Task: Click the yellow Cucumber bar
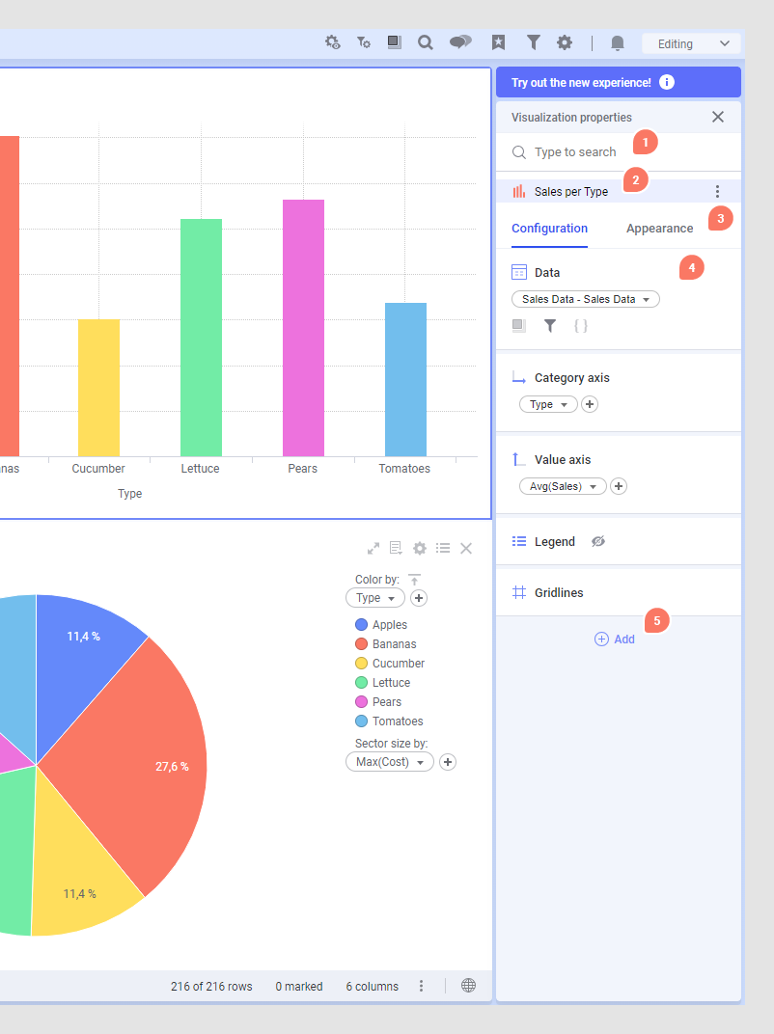98,388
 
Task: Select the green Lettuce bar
201,338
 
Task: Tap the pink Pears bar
303,328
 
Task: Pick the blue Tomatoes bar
405,379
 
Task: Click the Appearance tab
659,229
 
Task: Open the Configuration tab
549,229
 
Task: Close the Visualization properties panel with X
717,117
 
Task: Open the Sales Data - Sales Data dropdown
585,299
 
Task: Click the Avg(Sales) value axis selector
563,486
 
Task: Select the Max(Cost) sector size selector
389,762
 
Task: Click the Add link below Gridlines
615,639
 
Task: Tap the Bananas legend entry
394,644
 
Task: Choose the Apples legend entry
389,625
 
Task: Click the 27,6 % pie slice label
172,767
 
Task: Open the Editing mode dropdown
691,43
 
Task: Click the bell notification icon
618,43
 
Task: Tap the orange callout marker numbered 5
657,621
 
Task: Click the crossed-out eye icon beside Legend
598,541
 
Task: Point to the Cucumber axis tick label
98,469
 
